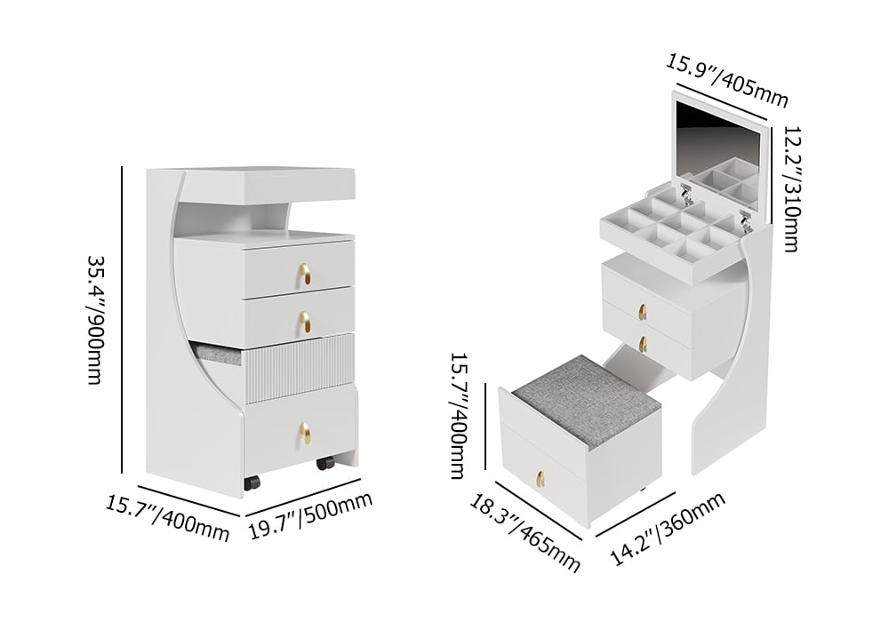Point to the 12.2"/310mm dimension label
click(x=789, y=188)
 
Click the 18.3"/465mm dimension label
click(x=525, y=533)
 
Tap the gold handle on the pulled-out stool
click(x=539, y=479)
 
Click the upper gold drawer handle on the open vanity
click(x=641, y=310)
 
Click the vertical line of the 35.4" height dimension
click(x=122, y=321)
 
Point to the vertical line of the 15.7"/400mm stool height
click(x=485, y=431)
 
